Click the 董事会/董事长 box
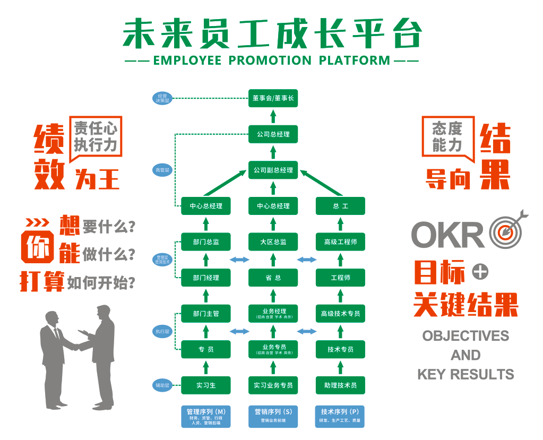click(273, 98)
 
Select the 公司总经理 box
click(273, 134)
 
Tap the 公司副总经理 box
click(273, 170)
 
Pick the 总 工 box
click(340, 206)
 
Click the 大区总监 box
click(273, 242)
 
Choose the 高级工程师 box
click(340, 242)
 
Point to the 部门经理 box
click(206, 278)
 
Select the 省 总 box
click(273, 278)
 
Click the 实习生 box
click(206, 385)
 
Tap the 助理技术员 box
click(340, 385)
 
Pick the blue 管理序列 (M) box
click(206, 416)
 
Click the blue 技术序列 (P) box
click(340, 416)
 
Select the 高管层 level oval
click(161, 170)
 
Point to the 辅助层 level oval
click(161, 385)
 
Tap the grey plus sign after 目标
click(480, 272)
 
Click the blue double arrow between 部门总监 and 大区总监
click(239, 260)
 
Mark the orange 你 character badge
click(38, 246)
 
